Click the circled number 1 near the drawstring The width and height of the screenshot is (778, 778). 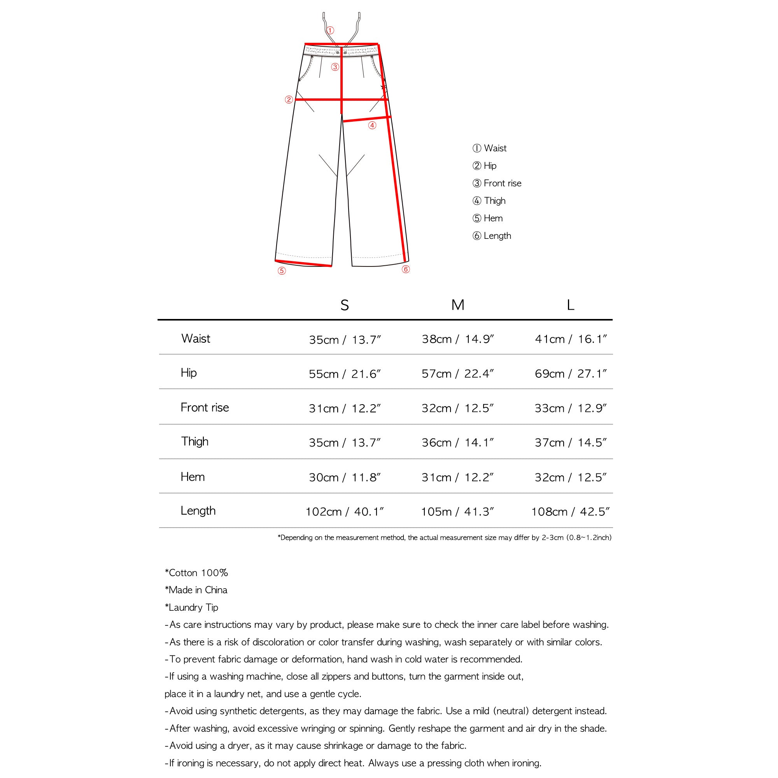click(x=330, y=31)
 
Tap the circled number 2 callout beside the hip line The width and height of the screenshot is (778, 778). click(x=289, y=100)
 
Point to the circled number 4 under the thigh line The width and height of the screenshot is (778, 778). click(x=372, y=125)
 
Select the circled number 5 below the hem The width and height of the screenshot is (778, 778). click(x=282, y=271)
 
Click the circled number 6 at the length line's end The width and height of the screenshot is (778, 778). click(x=406, y=270)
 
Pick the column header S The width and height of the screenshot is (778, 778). click(x=344, y=305)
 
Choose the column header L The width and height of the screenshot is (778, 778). click(x=570, y=305)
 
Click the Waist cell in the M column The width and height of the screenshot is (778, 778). click(x=457, y=340)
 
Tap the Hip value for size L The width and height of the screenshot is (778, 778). click(x=570, y=374)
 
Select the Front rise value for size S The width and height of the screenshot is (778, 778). click(x=344, y=408)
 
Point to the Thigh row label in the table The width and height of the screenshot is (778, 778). click(x=194, y=442)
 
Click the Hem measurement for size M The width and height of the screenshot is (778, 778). click(x=457, y=477)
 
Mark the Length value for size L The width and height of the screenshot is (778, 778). click(x=570, y=512)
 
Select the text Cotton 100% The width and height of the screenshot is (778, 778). click(x=196, y=573)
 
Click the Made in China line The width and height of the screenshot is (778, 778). click(x=196, y=590)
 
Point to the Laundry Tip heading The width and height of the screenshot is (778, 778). click(x=192, y=607)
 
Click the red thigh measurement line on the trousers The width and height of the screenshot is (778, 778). click(x=366, y=119)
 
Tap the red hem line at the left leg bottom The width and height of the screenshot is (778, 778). click(x=304, y=263)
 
